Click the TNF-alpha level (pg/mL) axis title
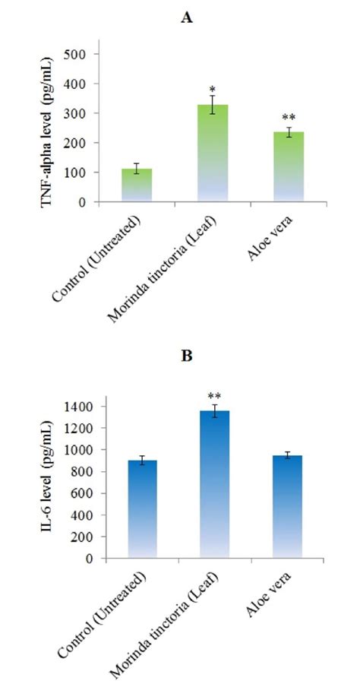click(47, 128)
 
